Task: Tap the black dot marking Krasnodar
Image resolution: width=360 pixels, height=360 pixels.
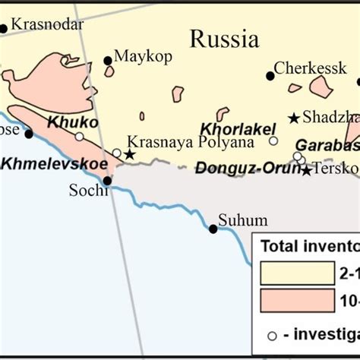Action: (x=3, y=29)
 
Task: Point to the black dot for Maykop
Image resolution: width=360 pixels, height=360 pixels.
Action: (x=108, y=61)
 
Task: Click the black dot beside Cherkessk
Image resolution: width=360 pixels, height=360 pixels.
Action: (x=270, y=75)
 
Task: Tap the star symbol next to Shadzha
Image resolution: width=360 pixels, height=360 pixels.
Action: (x=294, y=118)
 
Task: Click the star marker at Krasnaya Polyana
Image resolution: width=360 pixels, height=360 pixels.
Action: (x=130, y=155)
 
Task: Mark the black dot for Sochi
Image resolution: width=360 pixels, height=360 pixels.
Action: (x=107, y=181)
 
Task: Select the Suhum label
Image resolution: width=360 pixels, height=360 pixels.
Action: (x=242, y=221)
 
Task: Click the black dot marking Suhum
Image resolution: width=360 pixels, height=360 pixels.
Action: (x=213, y=229)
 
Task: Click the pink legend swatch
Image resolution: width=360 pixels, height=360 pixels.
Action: (x=297, y=301)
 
